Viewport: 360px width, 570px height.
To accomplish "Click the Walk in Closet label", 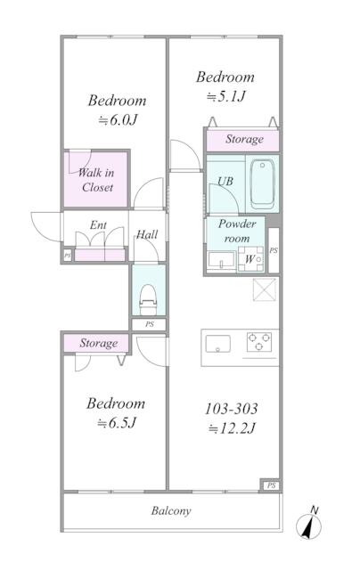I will coord(96,180).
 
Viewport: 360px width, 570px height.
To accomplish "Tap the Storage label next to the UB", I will coord(243,140).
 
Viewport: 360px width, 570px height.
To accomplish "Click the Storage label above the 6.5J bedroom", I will coord(98,343).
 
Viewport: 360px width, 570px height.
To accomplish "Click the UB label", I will coord(226,182).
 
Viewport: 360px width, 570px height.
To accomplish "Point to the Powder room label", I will coord(237,231).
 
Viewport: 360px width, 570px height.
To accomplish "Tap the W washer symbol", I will coord(250,259).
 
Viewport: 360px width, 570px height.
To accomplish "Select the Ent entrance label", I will coord(98,226).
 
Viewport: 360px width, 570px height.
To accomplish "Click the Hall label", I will coord(147,236).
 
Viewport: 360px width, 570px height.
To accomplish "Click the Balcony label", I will coord(170,512).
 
